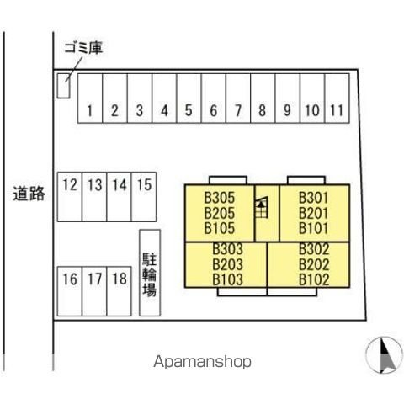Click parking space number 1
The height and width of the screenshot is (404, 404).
click(90, 98)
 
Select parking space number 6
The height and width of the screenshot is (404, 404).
click(214, 98)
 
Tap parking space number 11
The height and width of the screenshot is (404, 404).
click(337, 98)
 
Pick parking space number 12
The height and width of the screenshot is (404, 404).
click(70, 197)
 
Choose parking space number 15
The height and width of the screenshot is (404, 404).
click(144, 197)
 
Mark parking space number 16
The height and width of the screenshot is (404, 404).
click(70, 291)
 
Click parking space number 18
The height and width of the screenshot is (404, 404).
click(120, 291)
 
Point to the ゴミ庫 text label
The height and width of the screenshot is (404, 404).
click(83, 48)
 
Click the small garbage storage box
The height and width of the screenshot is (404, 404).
click(64, 86)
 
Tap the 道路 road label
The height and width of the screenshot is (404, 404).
click(29, 194)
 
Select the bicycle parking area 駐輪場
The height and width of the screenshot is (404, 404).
click(150, 273)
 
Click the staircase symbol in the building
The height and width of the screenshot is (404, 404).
click(261, 207)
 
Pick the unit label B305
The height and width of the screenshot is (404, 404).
click(219, 198)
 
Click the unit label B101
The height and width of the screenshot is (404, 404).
click(313, 228)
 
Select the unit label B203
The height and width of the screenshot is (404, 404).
click(227, 264)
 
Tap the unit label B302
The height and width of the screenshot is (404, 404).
click(314, 249)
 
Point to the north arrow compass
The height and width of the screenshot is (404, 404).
click(384, 355)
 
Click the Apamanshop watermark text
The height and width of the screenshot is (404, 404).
click(202, 362)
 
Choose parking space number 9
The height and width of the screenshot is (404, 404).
click(288, 98)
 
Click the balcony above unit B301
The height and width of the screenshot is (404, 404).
click(306, 180)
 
